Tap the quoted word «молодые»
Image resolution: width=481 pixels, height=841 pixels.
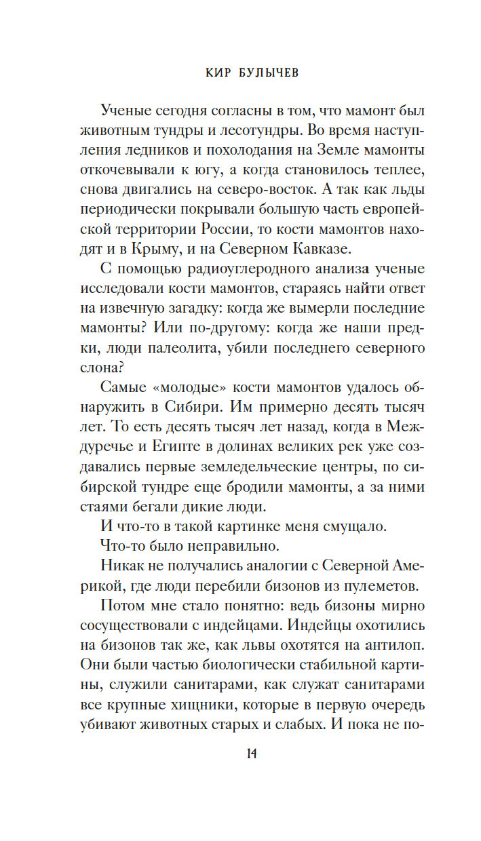coord(183,403)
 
